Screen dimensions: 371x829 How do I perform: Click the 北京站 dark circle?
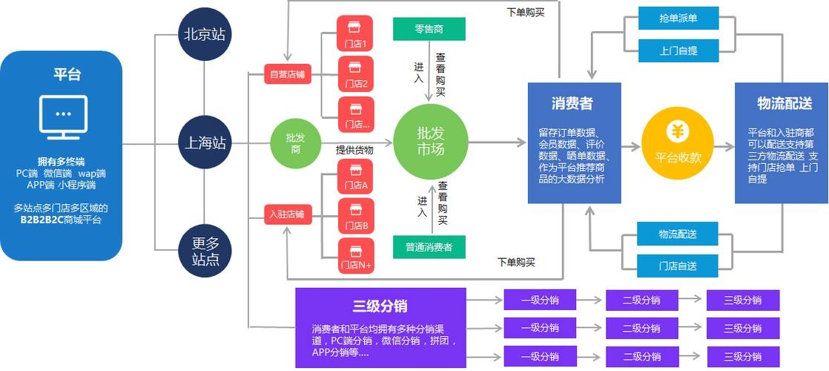(x=204, y=34)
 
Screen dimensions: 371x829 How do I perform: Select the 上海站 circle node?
(x=204, y=143)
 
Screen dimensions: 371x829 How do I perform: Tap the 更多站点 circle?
(x=204, y=251)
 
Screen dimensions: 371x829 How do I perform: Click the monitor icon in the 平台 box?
(x=63, y=117)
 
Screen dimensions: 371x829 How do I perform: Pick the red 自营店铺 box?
(x=288, y=74)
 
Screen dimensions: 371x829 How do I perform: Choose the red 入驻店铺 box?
(x=288, y=215)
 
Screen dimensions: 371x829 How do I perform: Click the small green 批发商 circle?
(x=294, y=143)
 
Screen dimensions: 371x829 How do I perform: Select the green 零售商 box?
(x=429, y=29)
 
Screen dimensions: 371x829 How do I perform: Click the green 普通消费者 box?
(x=429, y=246)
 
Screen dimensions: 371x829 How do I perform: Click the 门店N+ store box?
(x=355, y=257)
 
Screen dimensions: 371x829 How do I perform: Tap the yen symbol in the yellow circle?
(x=677, y=132)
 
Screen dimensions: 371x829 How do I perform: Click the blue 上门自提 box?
(x=678, y=51)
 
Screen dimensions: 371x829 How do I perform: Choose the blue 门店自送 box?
(x=677, y=266)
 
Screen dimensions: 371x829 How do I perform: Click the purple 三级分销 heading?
(x=380, y=306)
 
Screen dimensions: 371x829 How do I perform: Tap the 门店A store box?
(x=355, y=177)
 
